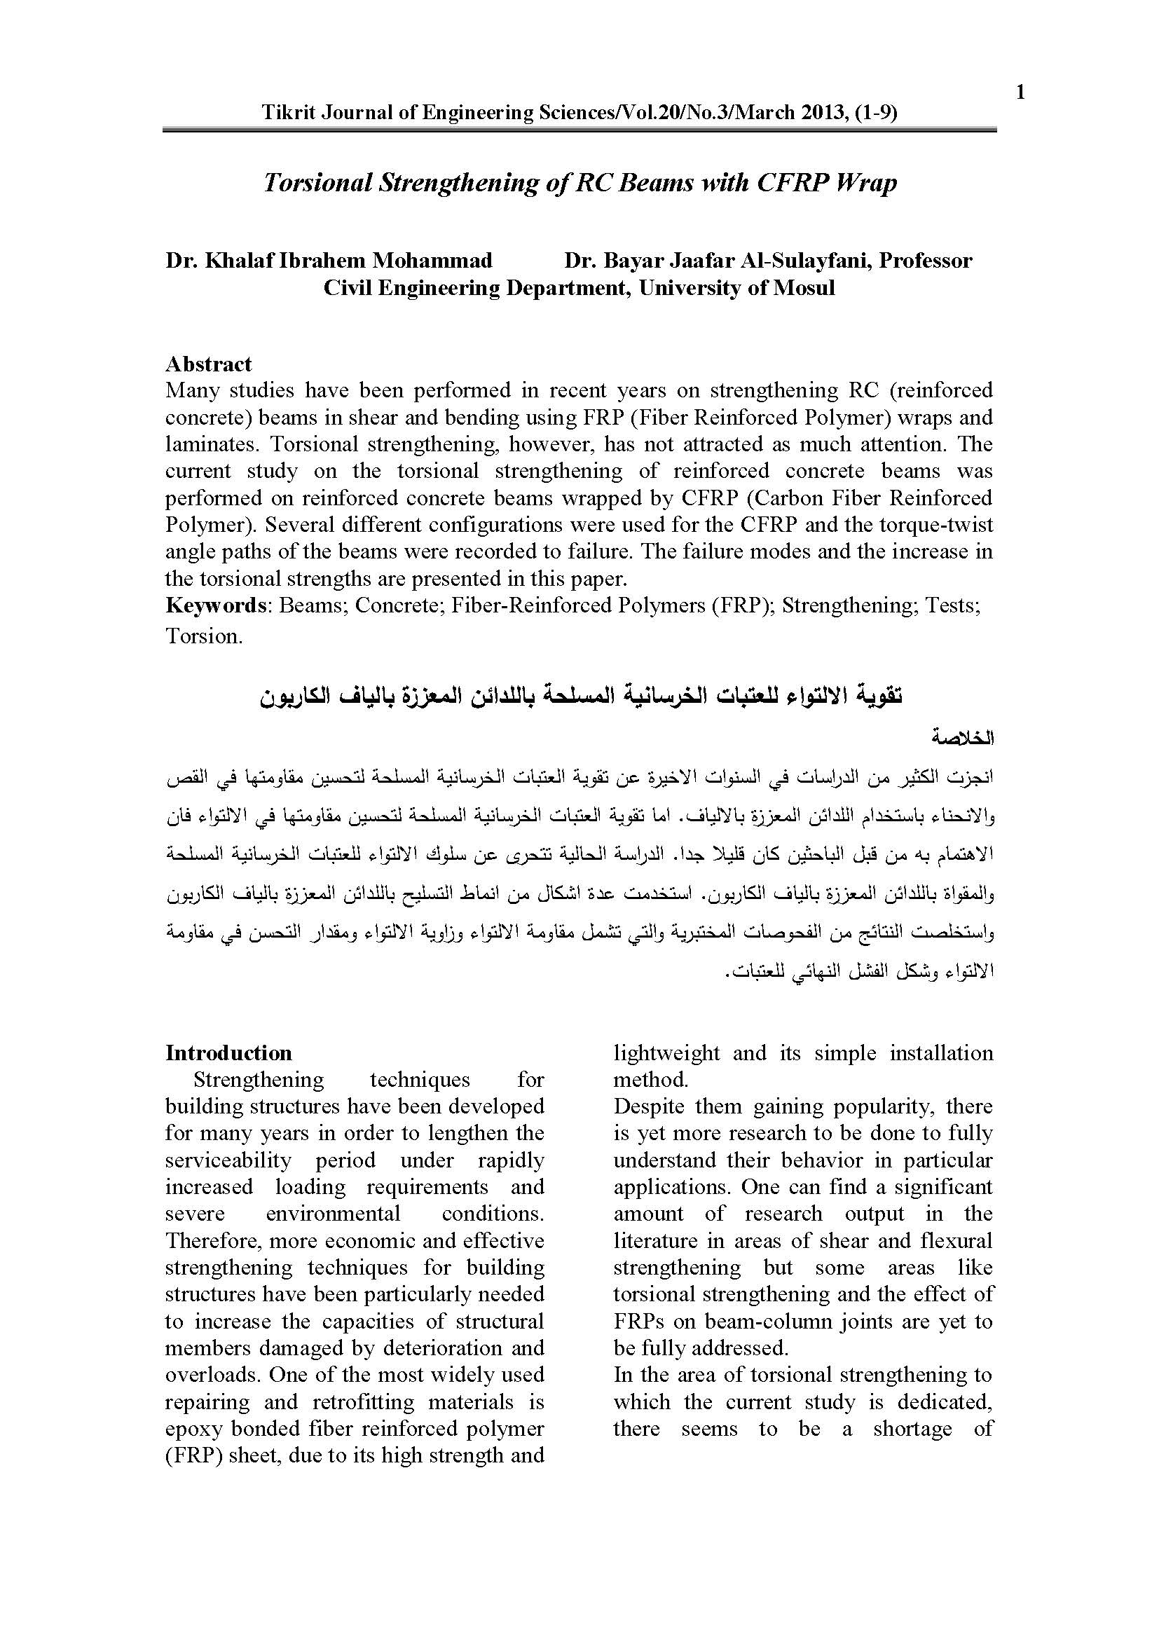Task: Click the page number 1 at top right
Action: [1020, 92]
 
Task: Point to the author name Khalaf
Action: [233, 261]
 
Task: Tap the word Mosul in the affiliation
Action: [802, 288]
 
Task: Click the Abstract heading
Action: [208, 364]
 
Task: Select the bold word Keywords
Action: [217, 605]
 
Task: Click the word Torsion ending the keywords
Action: [203, 636]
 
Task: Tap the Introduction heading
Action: [228, 1053]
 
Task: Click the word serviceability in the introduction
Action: [228, 1160]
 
